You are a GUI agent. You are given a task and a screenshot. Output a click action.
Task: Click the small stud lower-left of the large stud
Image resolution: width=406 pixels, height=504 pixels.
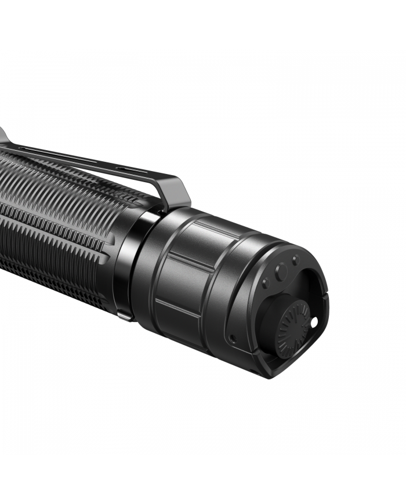[266, 283]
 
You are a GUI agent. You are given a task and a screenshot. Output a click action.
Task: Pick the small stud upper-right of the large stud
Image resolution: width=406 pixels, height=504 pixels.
[295, 259]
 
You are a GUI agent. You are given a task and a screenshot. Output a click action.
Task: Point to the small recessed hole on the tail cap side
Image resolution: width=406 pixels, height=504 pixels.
[232, 338]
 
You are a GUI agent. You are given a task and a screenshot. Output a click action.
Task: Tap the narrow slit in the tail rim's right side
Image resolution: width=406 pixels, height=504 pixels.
[322, 290]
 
